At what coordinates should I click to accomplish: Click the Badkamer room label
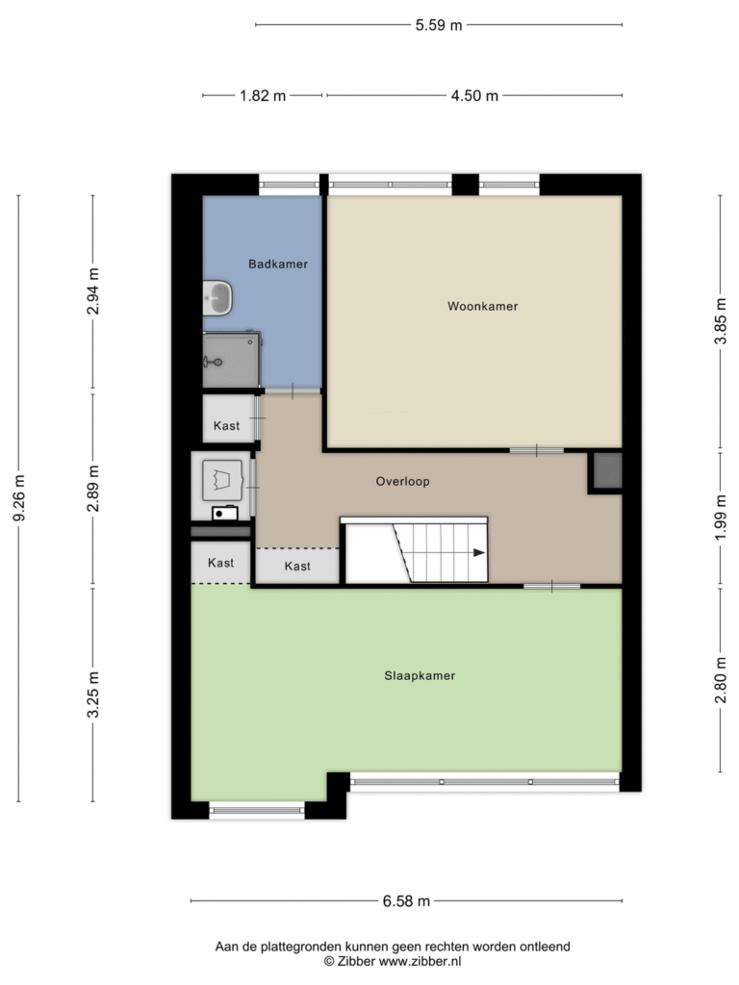pyautogui.click(x=278, y=264)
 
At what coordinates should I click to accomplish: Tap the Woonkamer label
pyautogui.click(x=483, y=306)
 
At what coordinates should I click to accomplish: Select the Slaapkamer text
pyautogui.click(x=420, y=676)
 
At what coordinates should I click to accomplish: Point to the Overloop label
pyautogui.click(x=403, y=481)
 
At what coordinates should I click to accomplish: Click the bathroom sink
pyautogui.click(x=217, y=297)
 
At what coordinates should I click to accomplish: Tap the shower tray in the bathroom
pyautogui.click(x=231, y=360)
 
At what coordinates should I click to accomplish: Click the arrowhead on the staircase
pyautogui.click(x=479, y=553)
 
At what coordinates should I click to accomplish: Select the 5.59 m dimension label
pyautogui.click(x=439, y=25)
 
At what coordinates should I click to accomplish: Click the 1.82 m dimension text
pyautogui.click(x=263, y=95)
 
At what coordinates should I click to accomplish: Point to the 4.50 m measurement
pyautogui.click(x=474, y=95)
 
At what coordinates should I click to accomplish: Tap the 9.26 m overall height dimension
pyautogui.click(x=19, y=498)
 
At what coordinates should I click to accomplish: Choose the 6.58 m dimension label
pyautogui.click(x=407, y=901)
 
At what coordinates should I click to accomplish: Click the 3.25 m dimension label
pyautogui.click(x=93, y=695)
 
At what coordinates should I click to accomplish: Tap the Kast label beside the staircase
pyautogui.click(x=297, y=566)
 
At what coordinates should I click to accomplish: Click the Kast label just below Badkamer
pyautogui.click(x=226, y=426)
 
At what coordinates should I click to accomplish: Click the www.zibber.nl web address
pyautogui.click(x=420, y=961)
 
